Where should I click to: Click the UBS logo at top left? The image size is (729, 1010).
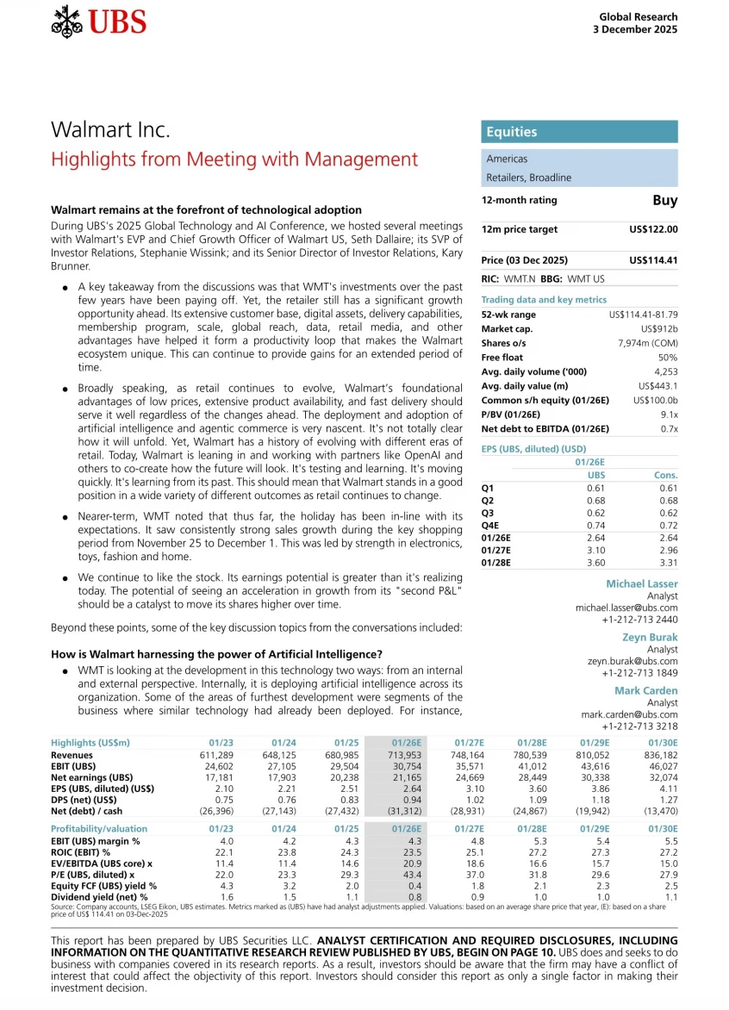tap(98, 22)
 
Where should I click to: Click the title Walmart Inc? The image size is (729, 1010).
tap(110, 130)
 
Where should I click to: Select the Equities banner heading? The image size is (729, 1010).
tap(512, 132)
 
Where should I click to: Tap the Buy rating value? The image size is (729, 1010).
tap(664, 200)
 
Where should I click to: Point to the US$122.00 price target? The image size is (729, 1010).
tap(653, 229)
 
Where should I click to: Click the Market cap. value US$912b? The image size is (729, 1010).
tap(659, 329)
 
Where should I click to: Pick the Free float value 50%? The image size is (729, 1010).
tap(668, 357)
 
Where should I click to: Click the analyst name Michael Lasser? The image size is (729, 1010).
tap(642, 584)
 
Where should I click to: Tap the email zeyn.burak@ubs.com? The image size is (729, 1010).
tap(627, 661)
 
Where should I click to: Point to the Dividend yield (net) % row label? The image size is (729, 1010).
tap(100, 897)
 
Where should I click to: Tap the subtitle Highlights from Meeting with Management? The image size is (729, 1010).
tap(234, 159)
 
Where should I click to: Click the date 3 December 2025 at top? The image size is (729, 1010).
tap(635, 28)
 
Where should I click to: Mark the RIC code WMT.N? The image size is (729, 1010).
tap(520, 279)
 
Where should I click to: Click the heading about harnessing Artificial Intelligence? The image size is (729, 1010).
tap(217, 654)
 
